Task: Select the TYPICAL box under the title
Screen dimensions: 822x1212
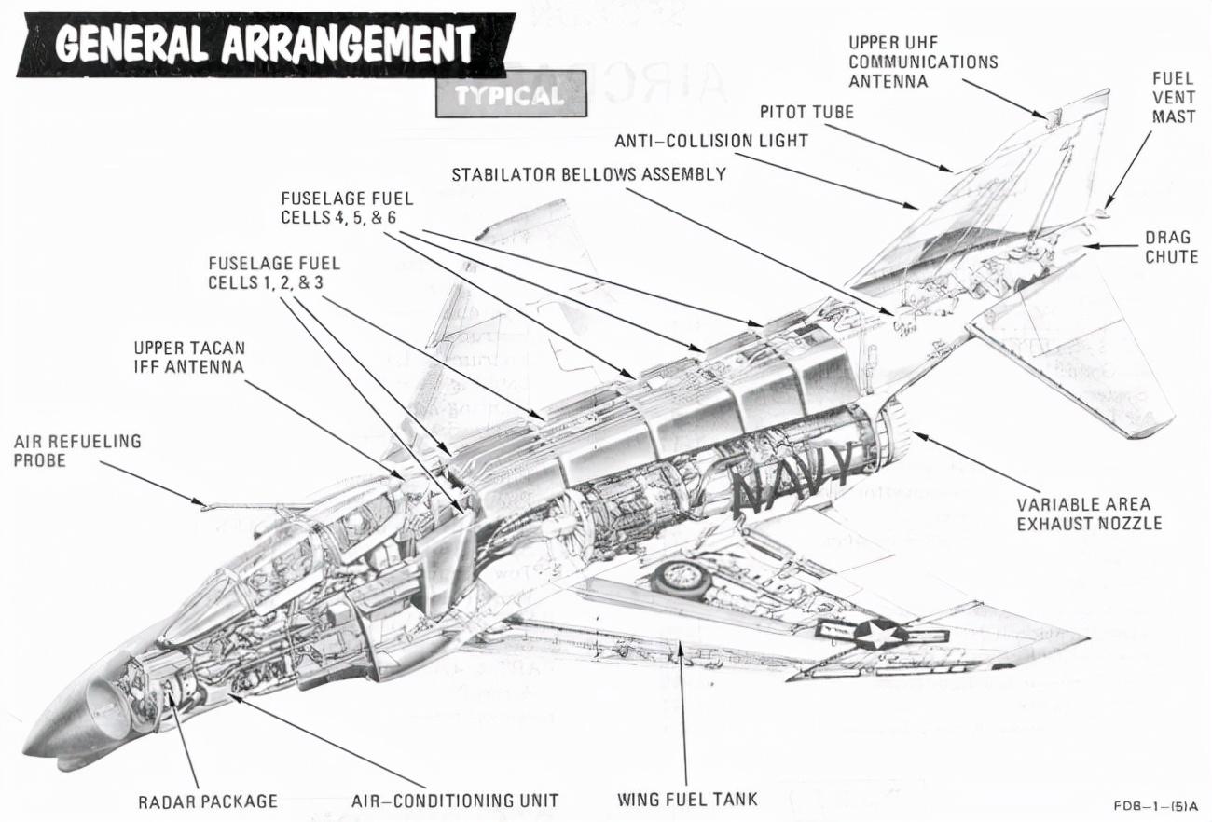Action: pos(510,95)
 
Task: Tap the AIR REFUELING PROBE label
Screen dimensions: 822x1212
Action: pos(77,450)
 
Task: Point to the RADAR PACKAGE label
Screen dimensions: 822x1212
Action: pos(208,801)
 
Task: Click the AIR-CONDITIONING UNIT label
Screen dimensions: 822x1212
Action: pos(455,801)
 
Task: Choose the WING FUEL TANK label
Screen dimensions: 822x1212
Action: pos(687,800)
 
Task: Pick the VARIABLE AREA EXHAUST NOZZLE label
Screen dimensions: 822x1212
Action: pos(1089,514)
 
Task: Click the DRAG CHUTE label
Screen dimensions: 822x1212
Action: pos(1171,246)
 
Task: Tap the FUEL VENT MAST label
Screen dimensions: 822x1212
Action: pos(1173,97)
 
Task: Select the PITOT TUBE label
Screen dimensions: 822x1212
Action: pos(806,112)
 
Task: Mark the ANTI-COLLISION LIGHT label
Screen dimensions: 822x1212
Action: pos(710,141)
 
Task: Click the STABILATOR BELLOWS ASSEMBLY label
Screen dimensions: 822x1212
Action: pos(588,174)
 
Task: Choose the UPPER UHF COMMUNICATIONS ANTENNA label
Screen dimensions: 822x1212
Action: pos(922,62)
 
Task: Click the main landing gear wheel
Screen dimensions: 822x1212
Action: pos(681,579)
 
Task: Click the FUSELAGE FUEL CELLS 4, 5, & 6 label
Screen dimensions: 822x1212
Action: pos(347,208)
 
